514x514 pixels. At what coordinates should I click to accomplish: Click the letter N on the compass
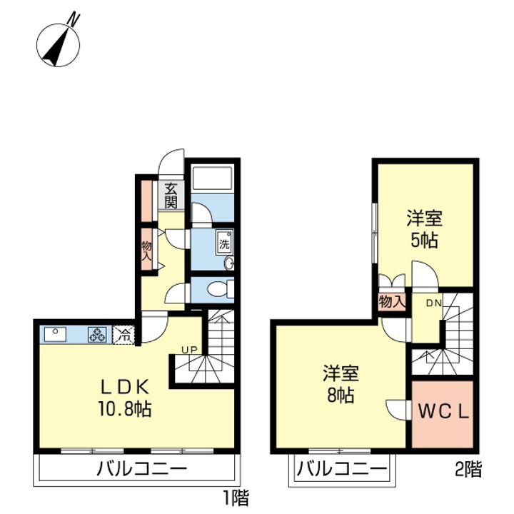point(74,19)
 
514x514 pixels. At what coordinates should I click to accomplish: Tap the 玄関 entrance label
point(171,196)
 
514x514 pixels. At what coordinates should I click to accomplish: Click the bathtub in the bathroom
point(213,178)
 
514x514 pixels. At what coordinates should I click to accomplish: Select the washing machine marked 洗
point(225,243)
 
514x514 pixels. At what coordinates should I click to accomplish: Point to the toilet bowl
point(218,289)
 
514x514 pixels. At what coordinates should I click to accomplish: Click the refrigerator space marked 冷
point(124,335)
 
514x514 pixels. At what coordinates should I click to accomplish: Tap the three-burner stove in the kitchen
point(97,335)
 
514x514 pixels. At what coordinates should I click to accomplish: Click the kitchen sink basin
point(55,334)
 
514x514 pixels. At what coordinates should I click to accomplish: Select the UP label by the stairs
point(190,350)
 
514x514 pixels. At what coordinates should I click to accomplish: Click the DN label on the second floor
point(434,303)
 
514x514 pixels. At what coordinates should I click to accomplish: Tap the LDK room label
point(125,388)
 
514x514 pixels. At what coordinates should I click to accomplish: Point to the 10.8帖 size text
point(125,409)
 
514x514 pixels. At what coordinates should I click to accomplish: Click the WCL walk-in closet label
point(443,412)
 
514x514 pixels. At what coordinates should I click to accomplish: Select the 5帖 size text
point(425,241)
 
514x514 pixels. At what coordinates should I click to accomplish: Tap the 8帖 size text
point(341,395)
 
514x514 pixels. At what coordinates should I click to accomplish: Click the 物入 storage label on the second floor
point(391,302)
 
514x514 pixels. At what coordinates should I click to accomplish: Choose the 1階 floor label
point(236,498)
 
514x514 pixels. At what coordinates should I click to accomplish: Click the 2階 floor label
point(468,470)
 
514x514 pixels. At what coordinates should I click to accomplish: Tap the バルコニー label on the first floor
point(141,470)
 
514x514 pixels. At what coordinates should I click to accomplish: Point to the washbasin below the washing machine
point(229,263)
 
